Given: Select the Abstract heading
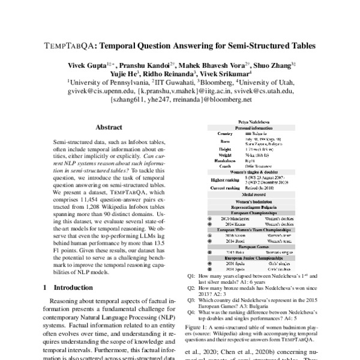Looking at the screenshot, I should [110, 128].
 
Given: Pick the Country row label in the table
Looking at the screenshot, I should [225, 134].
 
